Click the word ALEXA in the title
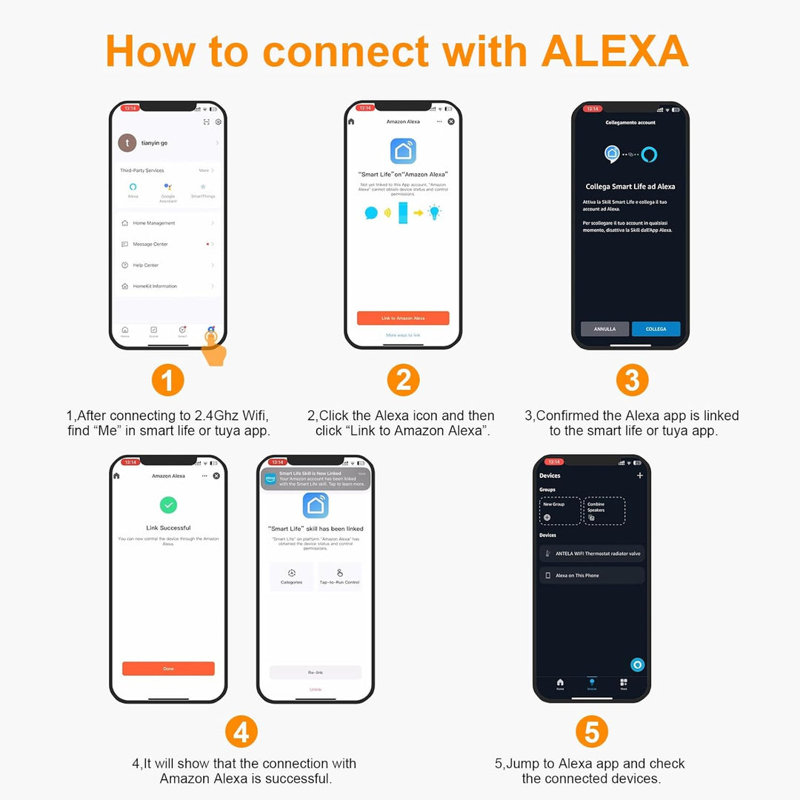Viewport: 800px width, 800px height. coord(615,52)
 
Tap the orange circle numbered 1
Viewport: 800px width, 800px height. coord(167,381)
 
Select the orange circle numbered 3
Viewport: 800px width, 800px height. coord(632,381)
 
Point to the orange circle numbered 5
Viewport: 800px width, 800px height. coord(591,732)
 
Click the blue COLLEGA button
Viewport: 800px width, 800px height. coord(656,329)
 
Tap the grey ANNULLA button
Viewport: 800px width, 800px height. coord(604,329)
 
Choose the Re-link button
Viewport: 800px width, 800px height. coord(316,672)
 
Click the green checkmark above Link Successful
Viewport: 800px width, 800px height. coord(168,505)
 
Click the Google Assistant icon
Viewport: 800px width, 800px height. coord(168,187)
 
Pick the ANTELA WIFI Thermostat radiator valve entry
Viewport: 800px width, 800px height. coord(592,553)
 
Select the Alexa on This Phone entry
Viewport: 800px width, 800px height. coord(592,576)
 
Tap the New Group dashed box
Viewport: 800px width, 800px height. coord(559,511)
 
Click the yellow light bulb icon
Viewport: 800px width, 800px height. coord(434,213)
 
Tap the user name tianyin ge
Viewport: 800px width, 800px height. coord(154,142)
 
